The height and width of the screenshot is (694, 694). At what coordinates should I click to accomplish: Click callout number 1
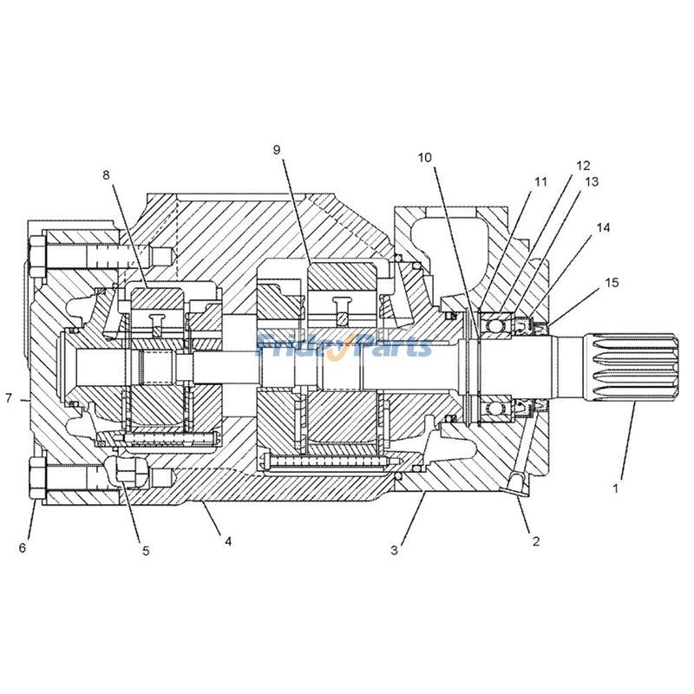615,488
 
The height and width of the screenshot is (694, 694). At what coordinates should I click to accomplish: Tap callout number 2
536,541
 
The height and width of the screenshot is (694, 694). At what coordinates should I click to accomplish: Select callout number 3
394,549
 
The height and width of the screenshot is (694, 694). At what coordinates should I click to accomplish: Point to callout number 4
228,541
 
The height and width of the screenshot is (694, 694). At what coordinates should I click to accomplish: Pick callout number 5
146,550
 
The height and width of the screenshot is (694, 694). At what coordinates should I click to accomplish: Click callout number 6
23,547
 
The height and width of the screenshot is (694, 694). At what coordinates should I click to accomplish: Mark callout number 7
9,399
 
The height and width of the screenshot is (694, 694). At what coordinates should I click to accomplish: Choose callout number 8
107,174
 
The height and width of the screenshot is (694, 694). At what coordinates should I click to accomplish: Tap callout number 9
277,150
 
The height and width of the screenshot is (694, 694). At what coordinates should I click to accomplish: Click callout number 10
424,157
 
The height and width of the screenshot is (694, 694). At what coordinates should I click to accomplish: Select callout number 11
541,182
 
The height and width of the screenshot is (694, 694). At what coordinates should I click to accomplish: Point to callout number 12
582,165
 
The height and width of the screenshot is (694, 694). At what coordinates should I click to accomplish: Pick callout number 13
592,182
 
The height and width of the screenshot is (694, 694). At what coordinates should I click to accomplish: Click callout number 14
603,227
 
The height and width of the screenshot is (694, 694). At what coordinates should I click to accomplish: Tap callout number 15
612,283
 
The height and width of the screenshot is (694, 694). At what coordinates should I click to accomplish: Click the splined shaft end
633,366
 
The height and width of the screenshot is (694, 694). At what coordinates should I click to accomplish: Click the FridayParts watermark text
344,347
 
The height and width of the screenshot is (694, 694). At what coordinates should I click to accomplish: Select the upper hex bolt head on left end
37,257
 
